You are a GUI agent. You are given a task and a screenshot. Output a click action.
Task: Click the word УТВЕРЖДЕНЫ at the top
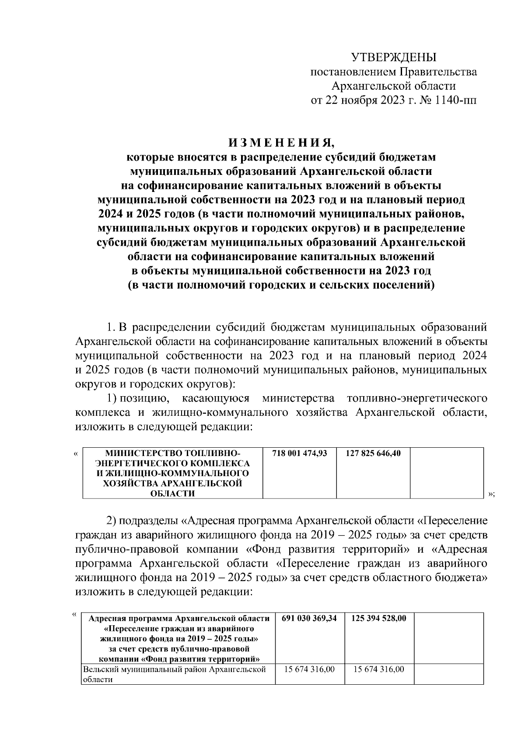point(394,57)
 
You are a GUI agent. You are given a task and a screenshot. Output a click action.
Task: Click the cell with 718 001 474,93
point(300,453)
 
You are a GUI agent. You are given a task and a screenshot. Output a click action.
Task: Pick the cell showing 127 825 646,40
point(373,453)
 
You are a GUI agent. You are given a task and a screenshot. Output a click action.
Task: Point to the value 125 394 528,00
point(379,618)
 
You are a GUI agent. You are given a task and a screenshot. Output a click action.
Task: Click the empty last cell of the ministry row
point(447,473)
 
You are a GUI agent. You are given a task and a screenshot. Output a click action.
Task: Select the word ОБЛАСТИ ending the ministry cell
point(172,494)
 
